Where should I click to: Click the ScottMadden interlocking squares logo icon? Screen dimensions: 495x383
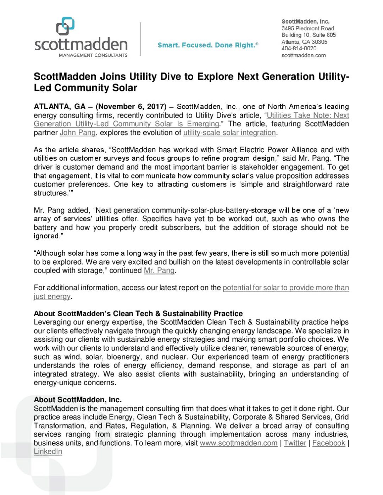65,26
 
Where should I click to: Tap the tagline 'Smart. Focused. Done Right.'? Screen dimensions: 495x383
207,45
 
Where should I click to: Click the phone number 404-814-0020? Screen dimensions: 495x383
299,48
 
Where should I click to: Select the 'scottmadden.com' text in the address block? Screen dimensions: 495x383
303,55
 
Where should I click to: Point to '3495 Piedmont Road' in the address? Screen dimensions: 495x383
307,28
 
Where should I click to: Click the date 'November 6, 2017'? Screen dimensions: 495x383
131,107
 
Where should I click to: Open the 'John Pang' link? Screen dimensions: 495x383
78,133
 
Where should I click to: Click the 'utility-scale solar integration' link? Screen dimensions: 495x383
229,133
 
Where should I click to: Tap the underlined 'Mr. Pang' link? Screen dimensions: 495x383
159,271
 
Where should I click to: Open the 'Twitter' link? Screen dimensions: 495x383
295,443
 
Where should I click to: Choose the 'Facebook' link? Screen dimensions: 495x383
328,443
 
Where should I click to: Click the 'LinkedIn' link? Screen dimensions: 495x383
48,451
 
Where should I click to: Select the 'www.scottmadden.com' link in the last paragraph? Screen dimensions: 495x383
238,443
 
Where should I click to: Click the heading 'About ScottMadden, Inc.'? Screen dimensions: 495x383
78,400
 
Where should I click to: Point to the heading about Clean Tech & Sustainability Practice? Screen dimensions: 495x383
138,313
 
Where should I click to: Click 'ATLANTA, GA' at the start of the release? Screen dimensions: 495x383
60,107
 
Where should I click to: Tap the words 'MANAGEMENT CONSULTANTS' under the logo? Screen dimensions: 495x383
93,55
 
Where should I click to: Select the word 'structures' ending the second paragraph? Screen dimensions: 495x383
50,193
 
